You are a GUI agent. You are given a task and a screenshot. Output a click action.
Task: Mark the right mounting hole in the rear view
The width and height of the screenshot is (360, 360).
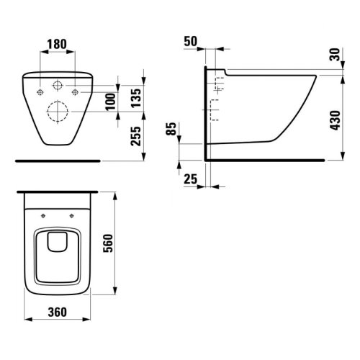tap(76, 92)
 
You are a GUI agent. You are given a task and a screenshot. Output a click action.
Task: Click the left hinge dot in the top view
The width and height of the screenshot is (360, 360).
tap(45, 214)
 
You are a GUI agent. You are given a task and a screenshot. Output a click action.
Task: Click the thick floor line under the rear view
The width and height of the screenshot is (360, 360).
tap(57, 160)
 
